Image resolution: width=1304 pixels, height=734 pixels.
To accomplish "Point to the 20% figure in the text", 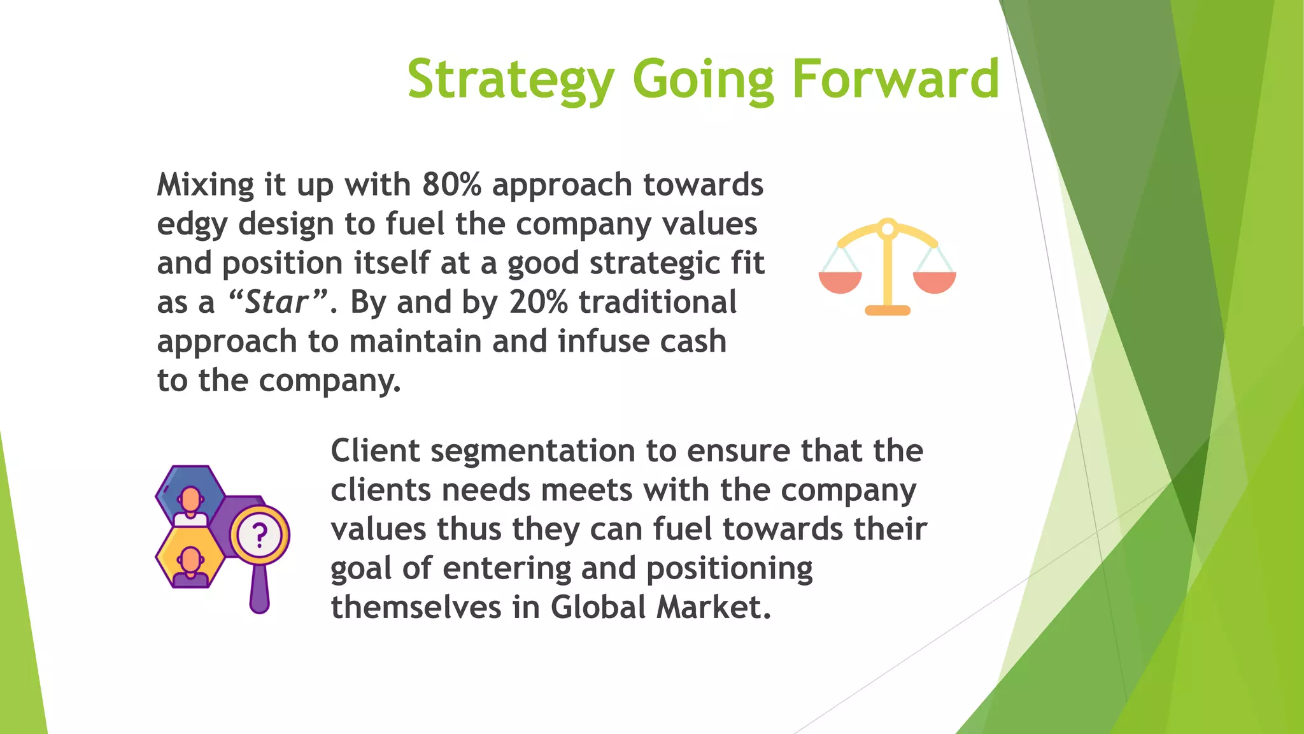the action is point(538,302).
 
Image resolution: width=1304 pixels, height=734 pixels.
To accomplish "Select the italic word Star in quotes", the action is point(276,302).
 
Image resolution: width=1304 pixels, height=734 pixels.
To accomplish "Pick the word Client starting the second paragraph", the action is point(375,450).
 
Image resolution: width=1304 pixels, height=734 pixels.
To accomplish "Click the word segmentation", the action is point(533,452).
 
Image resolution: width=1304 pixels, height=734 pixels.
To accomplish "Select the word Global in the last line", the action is point(599,607).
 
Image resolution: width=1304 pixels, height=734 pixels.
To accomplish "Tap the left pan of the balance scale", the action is point(840,281).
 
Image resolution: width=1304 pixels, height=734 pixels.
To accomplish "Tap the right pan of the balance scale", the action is point(934,281).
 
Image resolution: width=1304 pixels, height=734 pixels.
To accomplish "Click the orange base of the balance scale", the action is point(887,310).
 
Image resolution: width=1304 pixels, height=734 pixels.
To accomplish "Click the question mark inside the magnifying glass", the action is point(259,535).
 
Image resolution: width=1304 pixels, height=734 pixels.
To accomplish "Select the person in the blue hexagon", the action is point(190,503).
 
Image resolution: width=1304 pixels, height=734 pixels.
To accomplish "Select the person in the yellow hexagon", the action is point(190,564).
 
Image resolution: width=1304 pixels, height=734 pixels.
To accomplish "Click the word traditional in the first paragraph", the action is point(657,302).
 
